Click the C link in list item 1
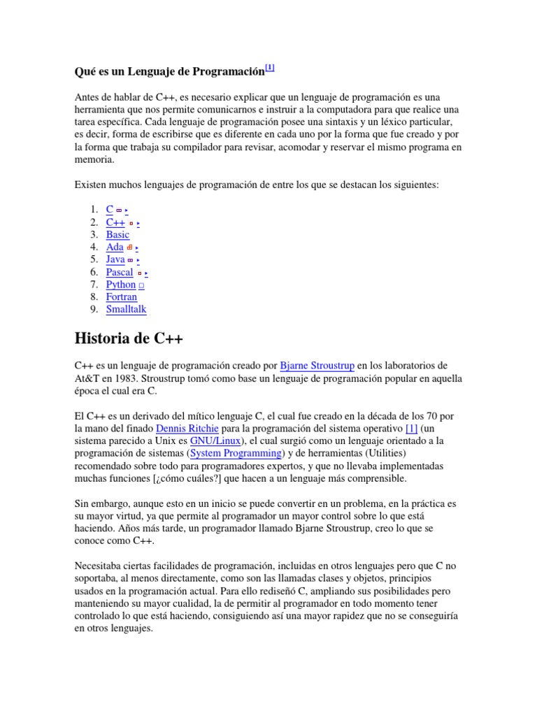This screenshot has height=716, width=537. [110, 209]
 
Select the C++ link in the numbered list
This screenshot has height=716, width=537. [115, 222]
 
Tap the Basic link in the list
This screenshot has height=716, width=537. [117, 235]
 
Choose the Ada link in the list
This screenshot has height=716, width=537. [115, 247]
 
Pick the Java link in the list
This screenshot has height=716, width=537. [115, 259]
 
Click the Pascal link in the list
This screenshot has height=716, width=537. [120, 272]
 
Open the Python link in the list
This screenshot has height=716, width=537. [121, 285]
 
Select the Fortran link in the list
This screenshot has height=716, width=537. [122, 297]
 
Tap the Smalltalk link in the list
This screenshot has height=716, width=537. [127, 309]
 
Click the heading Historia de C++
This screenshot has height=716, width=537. [129, 339]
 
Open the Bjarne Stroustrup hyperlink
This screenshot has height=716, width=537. [317, 366]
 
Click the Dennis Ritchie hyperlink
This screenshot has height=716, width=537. [187, 428]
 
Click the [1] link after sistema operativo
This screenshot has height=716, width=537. [411, 428]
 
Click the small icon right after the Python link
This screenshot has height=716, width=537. [141, 285]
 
